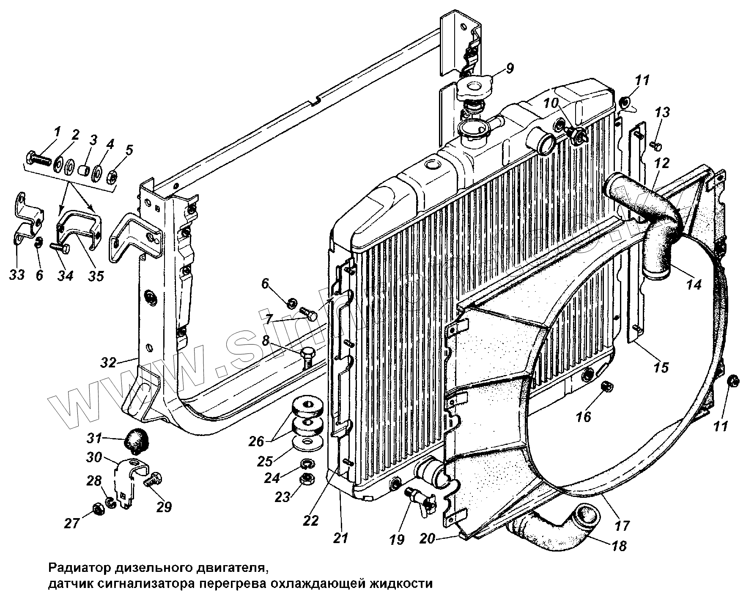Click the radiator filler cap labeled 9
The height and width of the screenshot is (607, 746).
coord(474,89)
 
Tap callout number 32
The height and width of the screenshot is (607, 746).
coord(109,362)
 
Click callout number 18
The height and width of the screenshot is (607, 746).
coord(619,546)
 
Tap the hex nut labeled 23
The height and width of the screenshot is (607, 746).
coord(305,480)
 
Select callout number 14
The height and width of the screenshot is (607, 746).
coord(694,284)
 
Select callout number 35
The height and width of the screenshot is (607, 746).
coord(96,276)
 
